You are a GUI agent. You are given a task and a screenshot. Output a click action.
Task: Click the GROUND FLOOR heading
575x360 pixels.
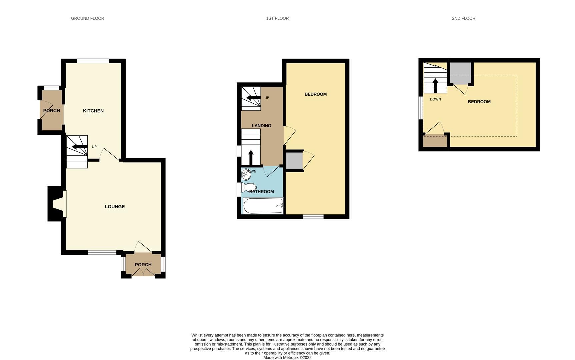click(87, 18)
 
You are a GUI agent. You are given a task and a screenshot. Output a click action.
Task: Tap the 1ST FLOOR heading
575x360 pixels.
click(277, 18)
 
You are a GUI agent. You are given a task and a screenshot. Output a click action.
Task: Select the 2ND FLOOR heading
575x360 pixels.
click(463, 18)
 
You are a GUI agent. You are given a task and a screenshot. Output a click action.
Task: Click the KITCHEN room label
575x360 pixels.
click(93, 111)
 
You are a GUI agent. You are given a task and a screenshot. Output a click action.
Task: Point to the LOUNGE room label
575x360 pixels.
click(115, 207)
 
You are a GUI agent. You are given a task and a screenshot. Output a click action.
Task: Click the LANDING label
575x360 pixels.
click(261, 126)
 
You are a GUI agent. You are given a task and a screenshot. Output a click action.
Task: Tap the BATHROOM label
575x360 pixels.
click(261, 192)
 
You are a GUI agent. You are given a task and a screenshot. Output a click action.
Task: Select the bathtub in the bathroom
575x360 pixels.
click(263, 206)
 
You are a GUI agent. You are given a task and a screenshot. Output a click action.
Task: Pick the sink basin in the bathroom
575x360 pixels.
click(246, 174)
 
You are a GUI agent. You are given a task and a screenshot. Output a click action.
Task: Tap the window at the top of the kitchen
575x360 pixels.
click(93, 61)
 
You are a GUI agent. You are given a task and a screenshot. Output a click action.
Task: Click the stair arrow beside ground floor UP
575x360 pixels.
click(80, 147)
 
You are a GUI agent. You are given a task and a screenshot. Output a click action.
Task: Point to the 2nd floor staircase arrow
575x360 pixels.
click(435, 86)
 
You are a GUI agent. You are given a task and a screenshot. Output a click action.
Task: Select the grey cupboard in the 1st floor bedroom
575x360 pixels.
click(294, 161)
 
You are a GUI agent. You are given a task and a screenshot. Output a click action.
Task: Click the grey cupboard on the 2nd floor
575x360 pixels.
click(460, 73)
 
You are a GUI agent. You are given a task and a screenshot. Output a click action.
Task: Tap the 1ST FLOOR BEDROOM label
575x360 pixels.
click(315, 94)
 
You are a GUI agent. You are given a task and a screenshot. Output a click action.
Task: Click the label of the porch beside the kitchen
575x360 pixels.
click(52, 111)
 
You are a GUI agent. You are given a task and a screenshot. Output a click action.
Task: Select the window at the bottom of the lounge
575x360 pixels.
click(102, 253)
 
